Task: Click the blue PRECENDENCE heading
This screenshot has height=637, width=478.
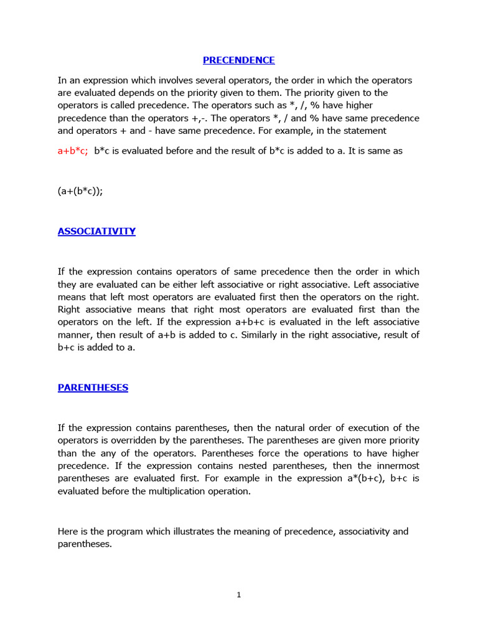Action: pos(238,60)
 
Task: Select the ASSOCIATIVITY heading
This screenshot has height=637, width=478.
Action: pos(96,231)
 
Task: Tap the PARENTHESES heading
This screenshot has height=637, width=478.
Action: pos(93,388)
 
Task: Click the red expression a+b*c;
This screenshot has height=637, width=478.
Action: pos(73,151)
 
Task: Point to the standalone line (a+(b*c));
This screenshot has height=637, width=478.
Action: pos(80,192)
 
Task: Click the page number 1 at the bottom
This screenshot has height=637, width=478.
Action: pos(238,595)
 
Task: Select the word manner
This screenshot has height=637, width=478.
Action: pos(75,335)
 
